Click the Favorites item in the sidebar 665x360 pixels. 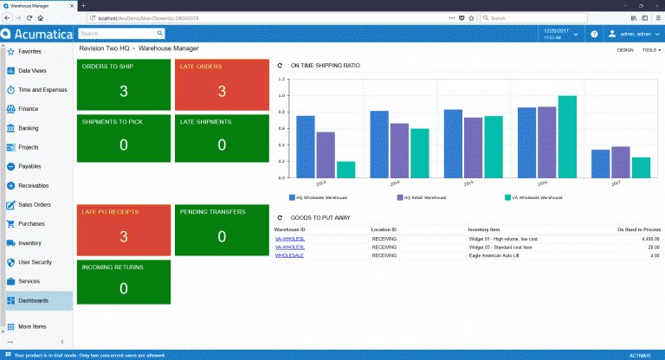click(29, 52)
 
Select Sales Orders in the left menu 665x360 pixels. click(36, 205)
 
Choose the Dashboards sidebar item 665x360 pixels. click(34, 300)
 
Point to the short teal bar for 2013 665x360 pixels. click(345, 169)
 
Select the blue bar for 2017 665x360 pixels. click(600, 163)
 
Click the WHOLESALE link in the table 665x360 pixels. click(288, 255)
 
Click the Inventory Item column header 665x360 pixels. click(485, 229)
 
